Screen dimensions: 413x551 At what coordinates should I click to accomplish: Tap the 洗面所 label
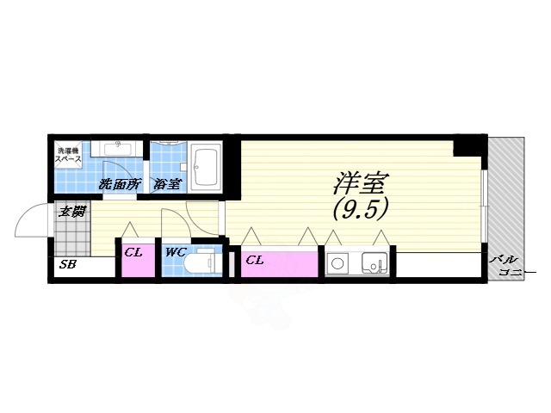pyautogui.click(x=119, y=184)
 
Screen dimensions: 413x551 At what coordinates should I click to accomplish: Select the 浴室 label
pyautogui.click(x=167, y=184)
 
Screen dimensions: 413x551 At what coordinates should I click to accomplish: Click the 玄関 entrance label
pyautogui.click(x=71, y=212)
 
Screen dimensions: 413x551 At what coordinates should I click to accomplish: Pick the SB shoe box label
pyautogui.click(x=68, y=265)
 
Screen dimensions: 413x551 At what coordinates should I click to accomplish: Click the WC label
pyautogui.click(x=176, y=253)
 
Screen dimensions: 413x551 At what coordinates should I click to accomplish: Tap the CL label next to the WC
pyautogui.click(x=133, y=253)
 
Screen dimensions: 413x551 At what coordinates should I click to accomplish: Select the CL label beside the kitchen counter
pyautogui.click(x=255, y=259)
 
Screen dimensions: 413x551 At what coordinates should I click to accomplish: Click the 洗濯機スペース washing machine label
pyautogui.click(x=69, y=155)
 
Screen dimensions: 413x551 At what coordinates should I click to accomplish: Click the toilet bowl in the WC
pyautogui.click(x=205, y=262)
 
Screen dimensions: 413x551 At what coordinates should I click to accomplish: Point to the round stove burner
pyautogui.click(x=337, y=262)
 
